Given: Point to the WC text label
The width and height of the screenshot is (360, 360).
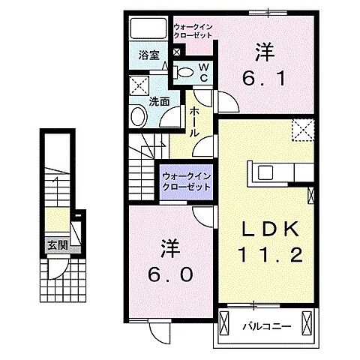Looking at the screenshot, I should click(x=202, y=71).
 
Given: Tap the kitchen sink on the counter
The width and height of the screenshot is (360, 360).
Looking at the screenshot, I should click(x=268, y=172).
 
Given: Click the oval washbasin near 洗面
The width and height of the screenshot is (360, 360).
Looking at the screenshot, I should click(x=138, y=116).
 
